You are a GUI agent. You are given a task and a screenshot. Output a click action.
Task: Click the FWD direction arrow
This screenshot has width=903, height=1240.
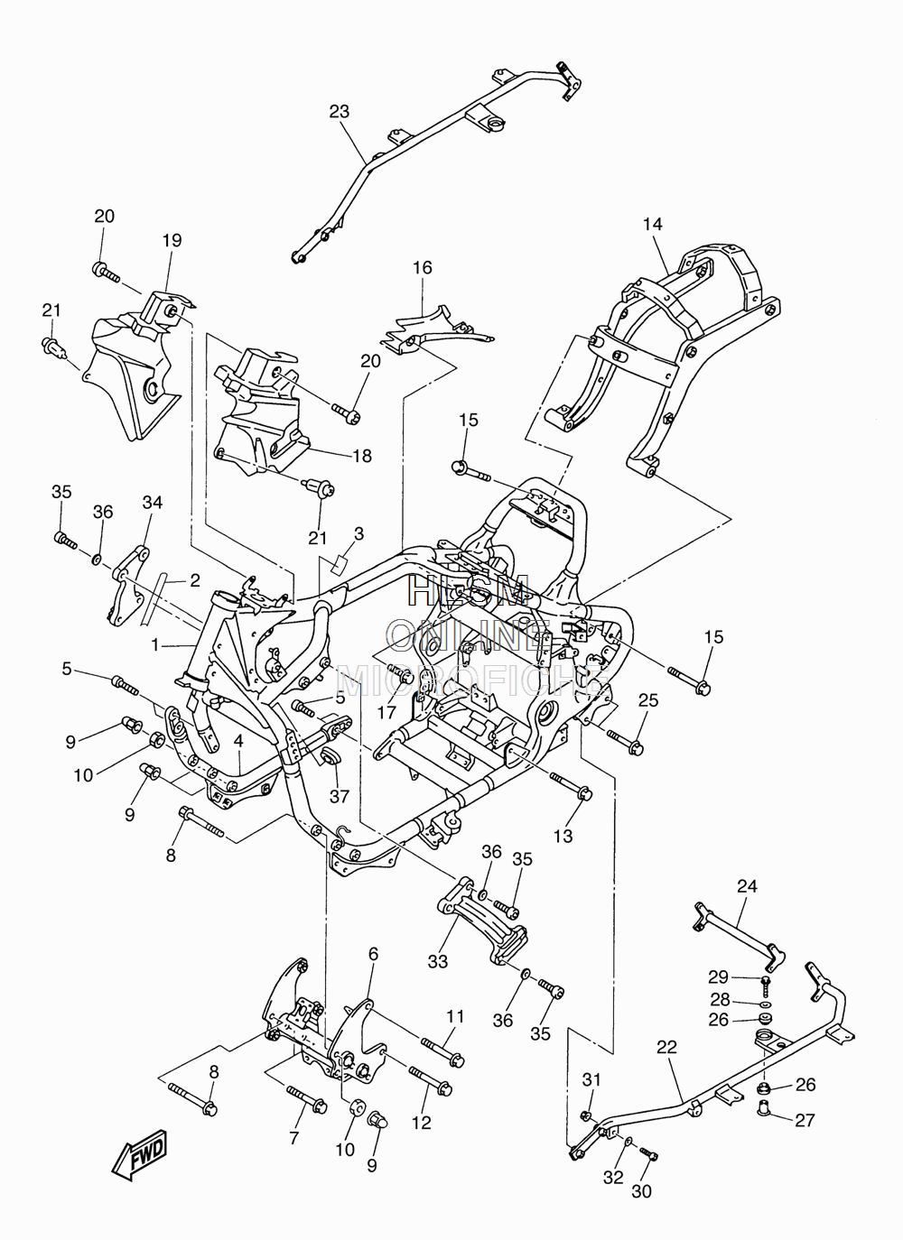pos(139,1153)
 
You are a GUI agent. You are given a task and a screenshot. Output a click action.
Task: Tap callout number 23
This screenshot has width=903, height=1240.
pos(339,111)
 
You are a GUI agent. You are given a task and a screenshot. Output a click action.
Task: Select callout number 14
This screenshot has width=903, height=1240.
pos(653,224)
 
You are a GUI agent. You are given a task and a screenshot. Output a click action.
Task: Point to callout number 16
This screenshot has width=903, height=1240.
pos(422,267)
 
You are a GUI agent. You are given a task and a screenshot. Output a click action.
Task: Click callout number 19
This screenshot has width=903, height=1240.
pos(172,240)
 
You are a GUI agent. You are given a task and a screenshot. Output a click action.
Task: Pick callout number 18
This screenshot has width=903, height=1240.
pos(362,456)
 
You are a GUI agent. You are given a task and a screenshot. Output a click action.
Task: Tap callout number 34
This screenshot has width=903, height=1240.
pos(153,502)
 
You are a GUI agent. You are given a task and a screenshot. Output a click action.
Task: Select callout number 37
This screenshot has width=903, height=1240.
pos(340,796)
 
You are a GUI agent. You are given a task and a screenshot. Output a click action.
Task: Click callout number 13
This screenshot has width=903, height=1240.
pos(563,836)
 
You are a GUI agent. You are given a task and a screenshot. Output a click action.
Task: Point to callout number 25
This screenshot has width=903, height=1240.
pos(648,700)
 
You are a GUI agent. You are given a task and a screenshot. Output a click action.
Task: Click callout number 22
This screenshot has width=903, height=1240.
pos(667,1047)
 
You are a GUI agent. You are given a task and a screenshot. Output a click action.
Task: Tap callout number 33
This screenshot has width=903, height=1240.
pos(438,961)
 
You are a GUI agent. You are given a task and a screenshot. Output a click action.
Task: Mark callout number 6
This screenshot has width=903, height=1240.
pos(373,954)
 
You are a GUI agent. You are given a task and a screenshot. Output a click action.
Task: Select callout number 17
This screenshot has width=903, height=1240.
pos(386,712)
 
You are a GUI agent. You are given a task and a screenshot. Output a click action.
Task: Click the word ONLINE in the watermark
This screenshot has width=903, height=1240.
pos(468,636)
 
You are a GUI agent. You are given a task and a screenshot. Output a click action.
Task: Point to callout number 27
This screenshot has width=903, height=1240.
pos(805,1121)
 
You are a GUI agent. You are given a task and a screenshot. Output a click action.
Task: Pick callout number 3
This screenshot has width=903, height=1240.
pos(359,533)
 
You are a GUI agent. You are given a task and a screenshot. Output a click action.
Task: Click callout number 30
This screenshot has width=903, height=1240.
pos(641,1191)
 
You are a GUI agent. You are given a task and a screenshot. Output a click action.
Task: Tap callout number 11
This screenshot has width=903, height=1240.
pos(455,1016)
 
